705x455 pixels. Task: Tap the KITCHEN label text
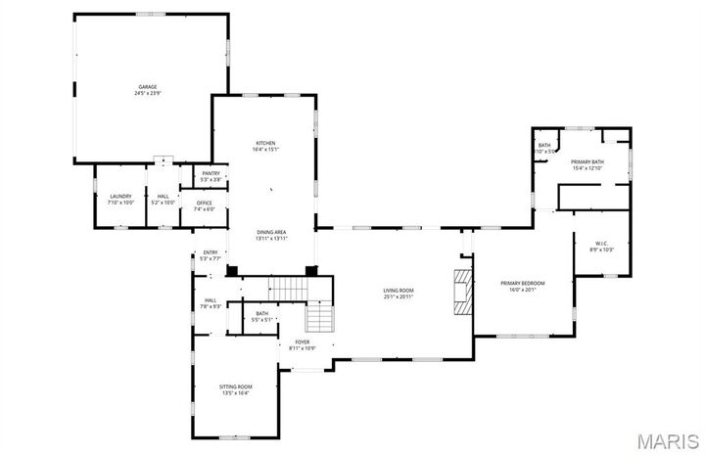pyautogui.click(x=266, y=143)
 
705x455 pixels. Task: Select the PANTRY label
pyautogui.click(x=211, y=174)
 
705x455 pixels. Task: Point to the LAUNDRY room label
pyautogui.click(x=120, y=196)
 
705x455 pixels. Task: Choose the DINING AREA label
pyautogui.click(x=271, y=232)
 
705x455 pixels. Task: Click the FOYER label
pyautogui.click(x=303, y=341)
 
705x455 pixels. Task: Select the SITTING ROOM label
pyautogui.click(x=235, y=387)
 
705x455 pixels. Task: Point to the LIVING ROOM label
pyautogui.click(x=399, y=291)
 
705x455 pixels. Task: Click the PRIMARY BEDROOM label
pyautogui.click(x=522, y=283)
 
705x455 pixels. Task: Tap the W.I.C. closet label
pyautogui.click(x=602, y=244)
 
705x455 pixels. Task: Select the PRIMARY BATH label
pyautogui.click(x=587, y=161)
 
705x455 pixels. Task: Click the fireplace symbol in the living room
pyautogui.click(x=460, y=291)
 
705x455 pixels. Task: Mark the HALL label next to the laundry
pyautogui.click(x=163, y=196)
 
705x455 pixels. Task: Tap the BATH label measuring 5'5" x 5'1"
pyautogui.click(x=262, y=313)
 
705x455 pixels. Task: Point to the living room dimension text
pyautogui.click(x=399, y=296)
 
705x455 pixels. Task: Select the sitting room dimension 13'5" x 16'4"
pyautogui.click(x=235, y=393)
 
